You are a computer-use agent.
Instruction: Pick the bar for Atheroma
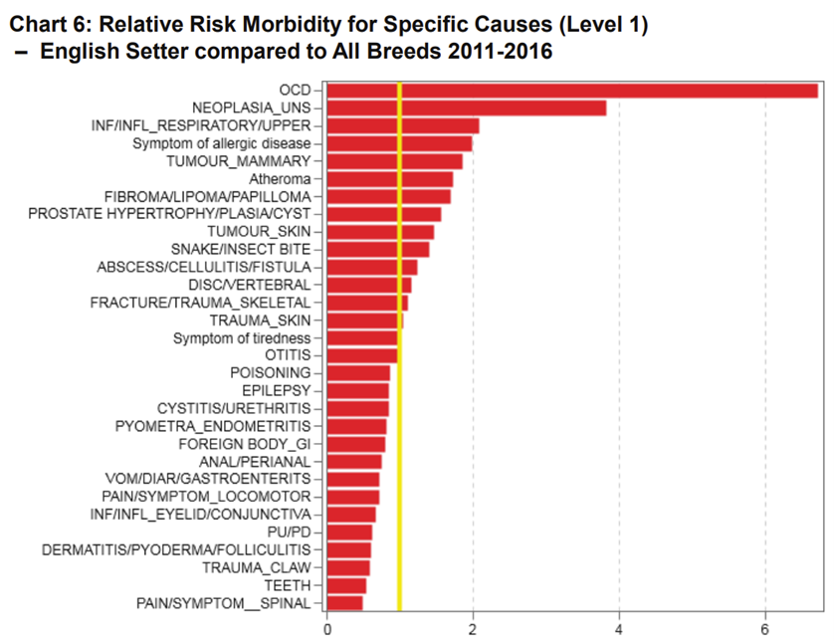(389, 179)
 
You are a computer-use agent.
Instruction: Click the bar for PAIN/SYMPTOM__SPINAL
(344, 602)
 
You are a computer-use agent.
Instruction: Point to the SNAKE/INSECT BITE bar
(378, 249)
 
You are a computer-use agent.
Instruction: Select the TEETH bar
(346, 585)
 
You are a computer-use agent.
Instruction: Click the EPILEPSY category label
(277, 390)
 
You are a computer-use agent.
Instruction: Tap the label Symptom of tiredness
(242, 337)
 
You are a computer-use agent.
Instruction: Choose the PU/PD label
(289, 532)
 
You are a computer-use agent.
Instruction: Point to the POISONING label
(271, 372)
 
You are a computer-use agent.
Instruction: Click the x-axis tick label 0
(327, 628)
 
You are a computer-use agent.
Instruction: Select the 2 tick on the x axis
(473, 628)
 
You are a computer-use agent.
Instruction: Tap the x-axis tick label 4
(619, 628)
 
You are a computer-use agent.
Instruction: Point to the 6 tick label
(764, 628)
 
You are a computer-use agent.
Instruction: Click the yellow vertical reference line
(399, 448)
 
